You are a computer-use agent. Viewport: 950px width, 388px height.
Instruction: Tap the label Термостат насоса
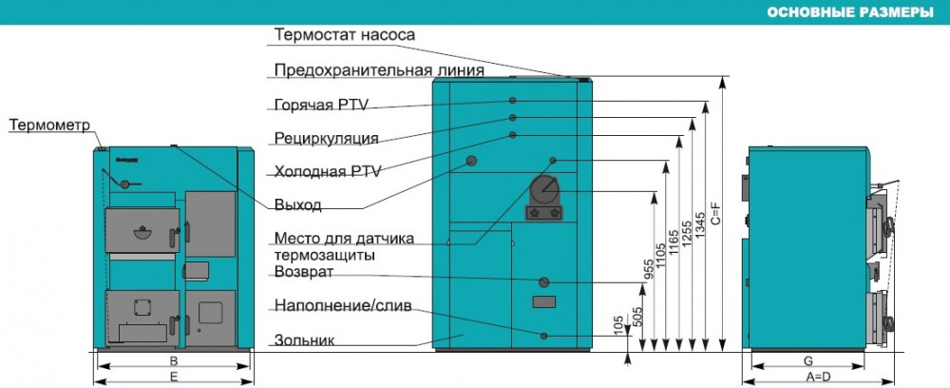(x=345, y=35)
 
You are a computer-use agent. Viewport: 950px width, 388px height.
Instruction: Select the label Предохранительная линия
(x=379, y=70)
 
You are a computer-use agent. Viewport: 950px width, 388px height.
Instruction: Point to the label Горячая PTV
(x=327, y=105)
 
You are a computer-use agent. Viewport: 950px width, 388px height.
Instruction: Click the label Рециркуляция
(x=326, y=138)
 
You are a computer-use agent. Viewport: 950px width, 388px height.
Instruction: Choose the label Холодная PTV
(x=327, y=171)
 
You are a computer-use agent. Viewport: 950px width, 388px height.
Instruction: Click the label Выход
(x=297, y=204)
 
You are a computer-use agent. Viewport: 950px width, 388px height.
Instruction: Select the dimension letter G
(x=807, y=361)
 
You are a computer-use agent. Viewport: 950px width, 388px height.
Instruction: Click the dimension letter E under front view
(x=173, y=377)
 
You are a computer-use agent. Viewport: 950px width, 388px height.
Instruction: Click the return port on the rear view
(x=544, y=282)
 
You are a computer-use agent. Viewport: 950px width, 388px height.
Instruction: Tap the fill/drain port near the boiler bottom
(x=544, y=335)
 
